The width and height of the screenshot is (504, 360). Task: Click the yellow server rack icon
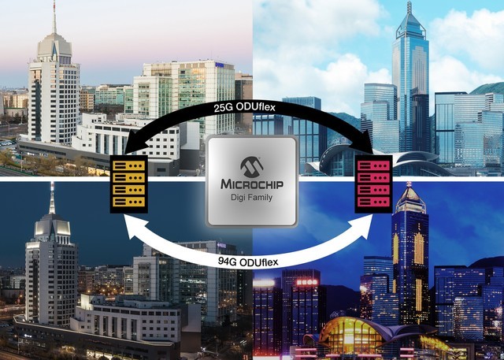[x=129, y=184]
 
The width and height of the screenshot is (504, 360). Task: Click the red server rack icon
[x=373, y=184]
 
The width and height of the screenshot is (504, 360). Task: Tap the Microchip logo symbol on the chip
[x=252, y=167]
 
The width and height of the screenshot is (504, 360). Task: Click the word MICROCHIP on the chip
[x=252, y=184]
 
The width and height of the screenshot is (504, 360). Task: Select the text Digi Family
[x=252, y=197]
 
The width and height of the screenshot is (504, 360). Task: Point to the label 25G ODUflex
[x=245, y=107]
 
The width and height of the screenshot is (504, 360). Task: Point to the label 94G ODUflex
[x=248, y=262]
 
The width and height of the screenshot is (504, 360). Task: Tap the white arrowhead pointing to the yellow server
[x=135, y=227]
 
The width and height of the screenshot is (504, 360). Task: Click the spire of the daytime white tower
[x=54, y=17]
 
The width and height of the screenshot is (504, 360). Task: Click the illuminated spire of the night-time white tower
[x=52, y=198]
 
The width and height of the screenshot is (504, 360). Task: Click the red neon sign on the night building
[x=306, y=283]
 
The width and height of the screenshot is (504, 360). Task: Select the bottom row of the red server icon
[x=373, y=202]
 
